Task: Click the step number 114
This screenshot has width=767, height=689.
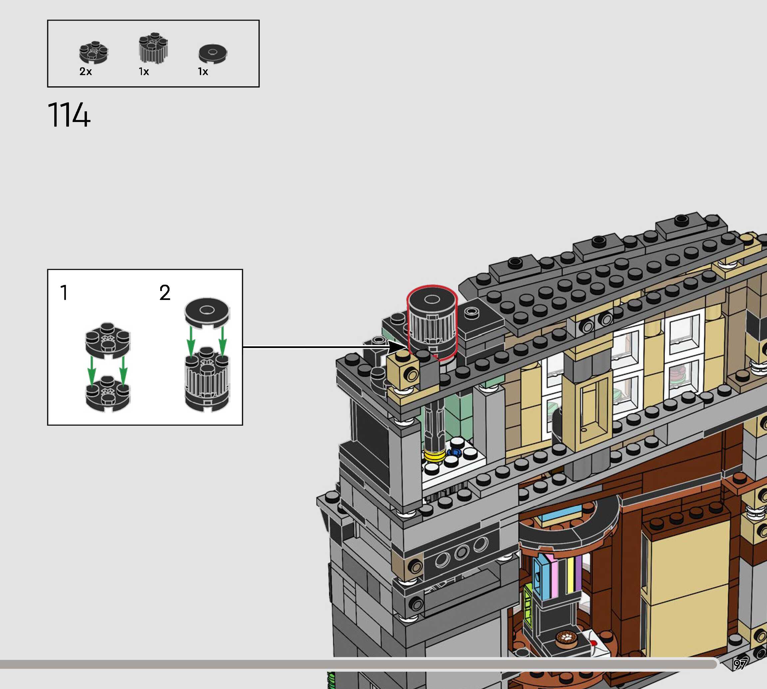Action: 69,115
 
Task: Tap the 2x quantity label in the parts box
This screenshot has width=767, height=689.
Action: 86,72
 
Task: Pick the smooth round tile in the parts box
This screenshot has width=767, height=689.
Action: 213,54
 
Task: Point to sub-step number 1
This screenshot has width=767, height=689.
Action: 64,293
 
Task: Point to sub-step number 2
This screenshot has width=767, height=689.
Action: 165,293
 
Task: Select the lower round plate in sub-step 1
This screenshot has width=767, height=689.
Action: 108,394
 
